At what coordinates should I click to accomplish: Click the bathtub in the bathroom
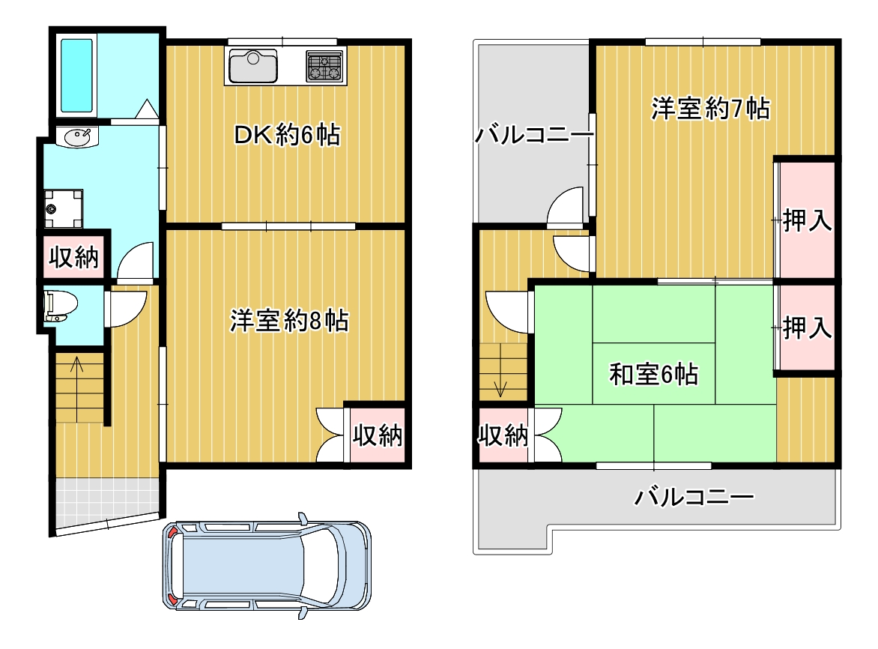coord(76,75)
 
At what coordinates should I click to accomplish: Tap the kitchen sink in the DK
coord(253,66)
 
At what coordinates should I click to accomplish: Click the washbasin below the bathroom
coord(77,136)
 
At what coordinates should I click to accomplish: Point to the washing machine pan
coord(63,209)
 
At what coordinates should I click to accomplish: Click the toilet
coord(60,306)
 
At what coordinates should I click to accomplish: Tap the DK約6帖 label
coord(287,135)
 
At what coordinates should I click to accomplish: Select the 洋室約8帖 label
coord(289,321)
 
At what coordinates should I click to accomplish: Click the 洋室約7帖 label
coord(710,108)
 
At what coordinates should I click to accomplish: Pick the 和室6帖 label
coord(653,373)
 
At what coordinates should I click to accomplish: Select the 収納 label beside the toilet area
coord(74,257)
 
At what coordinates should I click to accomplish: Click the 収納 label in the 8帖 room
coord(378,435)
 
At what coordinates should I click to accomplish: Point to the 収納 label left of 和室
coord(503,435)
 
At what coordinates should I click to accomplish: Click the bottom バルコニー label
coord(694,496)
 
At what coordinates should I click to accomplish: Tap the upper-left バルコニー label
coord(534,135)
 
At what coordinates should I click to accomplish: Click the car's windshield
coord(320,565)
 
